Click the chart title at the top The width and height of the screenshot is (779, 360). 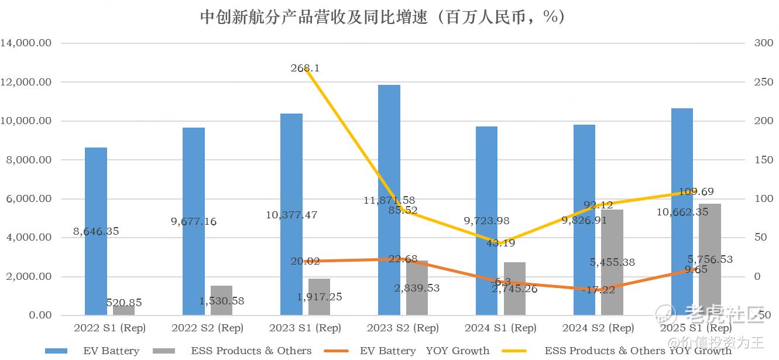[x=383, y=16]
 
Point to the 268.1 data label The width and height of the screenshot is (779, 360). [x=305, y=68]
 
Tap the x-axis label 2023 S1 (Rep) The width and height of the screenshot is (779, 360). [x=304, y=328]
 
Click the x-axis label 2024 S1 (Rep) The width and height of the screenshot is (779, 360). [x=500, y=328]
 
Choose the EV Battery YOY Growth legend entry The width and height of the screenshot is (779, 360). [x=424, y=351]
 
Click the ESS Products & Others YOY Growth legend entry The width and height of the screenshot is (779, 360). [x=637, y=351]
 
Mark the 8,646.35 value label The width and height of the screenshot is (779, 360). [x=96, y=231]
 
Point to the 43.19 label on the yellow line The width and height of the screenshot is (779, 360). [x=500, y=242]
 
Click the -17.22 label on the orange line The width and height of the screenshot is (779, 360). [x=598, y=289]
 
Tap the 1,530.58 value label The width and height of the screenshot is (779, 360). [x=222, y=301]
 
